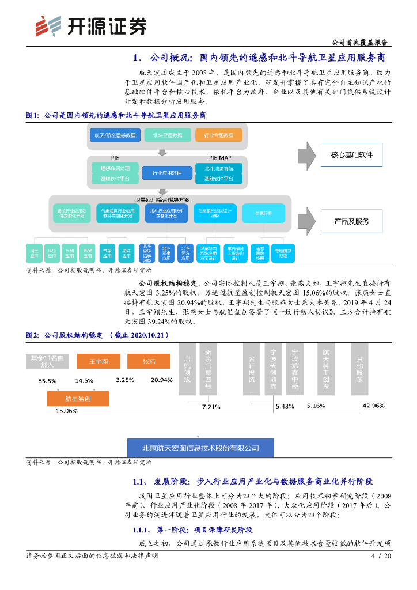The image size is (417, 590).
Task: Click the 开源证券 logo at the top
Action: coord(89,25)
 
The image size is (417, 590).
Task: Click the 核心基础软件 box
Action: coord(351,155)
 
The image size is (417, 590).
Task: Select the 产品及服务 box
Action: coord(351,221)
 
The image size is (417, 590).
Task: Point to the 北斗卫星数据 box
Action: coord(168,135)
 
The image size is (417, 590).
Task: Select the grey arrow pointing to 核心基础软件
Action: coord(307,155)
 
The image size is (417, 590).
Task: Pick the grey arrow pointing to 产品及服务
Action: coord(307,221)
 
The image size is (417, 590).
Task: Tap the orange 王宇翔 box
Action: coord(99,361)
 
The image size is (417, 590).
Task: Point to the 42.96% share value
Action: coord(373,406)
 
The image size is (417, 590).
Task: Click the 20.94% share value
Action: coord(161,380)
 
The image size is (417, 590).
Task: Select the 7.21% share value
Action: coord(211,407)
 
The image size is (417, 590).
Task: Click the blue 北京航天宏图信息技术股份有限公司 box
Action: coord(193,448)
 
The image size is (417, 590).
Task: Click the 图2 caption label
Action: coord(33,335)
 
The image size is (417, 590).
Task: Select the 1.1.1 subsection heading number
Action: coord(141,530)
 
